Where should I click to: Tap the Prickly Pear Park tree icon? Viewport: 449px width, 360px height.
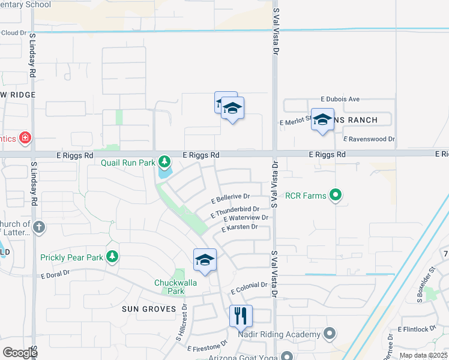coord(112,257)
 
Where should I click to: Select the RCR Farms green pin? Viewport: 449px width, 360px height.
coord(336,195)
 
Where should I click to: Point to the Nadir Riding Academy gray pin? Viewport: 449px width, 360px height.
coord(329,334)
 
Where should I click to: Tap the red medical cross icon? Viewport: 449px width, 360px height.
coord(25,139)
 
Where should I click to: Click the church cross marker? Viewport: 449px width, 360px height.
coord(39,227)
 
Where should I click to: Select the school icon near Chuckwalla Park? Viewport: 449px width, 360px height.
coord(205,260)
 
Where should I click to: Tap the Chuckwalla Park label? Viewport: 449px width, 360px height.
coord(169,287)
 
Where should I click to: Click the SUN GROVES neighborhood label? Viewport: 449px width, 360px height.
coord(149,309)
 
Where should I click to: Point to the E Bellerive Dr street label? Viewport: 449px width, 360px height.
coord(231,196)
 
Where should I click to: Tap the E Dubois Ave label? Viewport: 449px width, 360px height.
coord(340,99)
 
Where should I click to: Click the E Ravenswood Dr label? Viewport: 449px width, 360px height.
coord(369,139)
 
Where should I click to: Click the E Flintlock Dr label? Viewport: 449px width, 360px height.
coord(417,329)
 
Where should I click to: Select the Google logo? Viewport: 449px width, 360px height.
coord(20,352)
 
